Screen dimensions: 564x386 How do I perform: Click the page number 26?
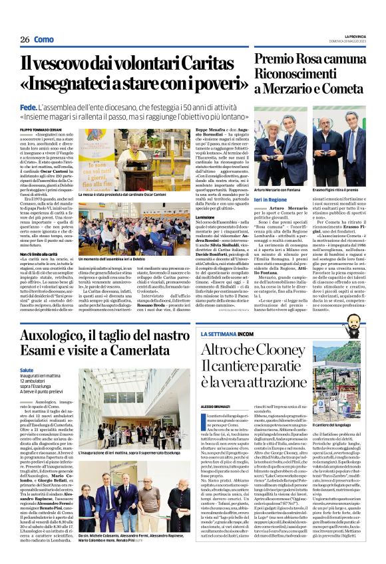[23, 40]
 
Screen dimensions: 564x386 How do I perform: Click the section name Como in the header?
[43, 40]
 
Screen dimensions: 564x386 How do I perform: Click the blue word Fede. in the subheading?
[28, 106]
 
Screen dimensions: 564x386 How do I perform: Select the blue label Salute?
[26, 370]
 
